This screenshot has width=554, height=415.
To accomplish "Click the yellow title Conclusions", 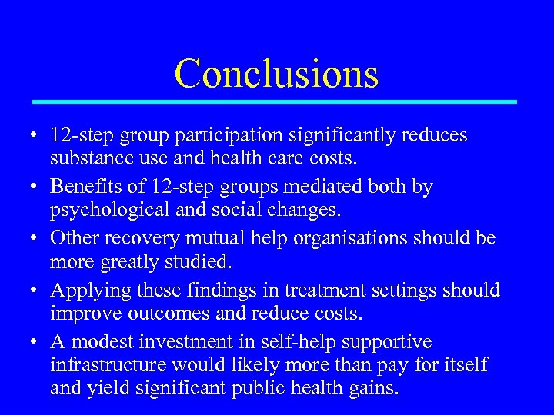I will (x=276, y=74).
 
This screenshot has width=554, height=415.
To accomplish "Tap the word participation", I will (x=229, y=135).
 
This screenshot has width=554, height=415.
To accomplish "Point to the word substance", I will (x=86, y=160).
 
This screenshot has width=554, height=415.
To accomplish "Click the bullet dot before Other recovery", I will (x=36, y=239).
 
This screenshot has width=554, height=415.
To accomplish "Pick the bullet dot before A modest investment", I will (x=36, y=342).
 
